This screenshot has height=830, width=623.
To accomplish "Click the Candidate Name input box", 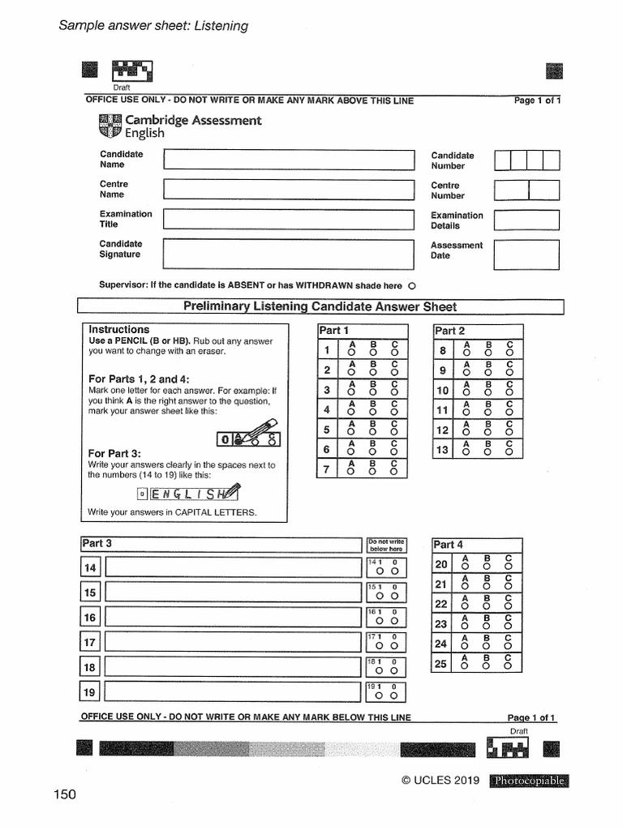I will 290,159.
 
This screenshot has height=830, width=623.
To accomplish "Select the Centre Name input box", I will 290,189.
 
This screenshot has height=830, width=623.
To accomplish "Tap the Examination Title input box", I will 290,219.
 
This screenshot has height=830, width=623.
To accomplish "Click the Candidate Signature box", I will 290,253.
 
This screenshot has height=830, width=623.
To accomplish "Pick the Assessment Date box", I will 526,254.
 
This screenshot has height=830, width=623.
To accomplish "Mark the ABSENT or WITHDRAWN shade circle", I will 412,286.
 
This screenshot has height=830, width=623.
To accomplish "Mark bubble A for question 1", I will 351,353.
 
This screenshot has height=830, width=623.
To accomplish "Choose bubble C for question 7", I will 394,471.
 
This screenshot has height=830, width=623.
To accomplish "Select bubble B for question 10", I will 488,392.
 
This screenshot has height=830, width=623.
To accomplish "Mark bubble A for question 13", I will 466,451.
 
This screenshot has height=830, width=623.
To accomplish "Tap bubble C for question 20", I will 508,567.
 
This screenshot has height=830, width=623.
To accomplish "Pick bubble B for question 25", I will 487,666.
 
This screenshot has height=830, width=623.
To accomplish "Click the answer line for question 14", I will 233,567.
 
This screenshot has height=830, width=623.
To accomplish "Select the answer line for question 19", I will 233,692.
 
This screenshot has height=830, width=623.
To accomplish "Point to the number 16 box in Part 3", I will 90,618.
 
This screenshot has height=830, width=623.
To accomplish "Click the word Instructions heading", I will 119,330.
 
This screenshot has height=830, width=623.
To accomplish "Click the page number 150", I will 65,794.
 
